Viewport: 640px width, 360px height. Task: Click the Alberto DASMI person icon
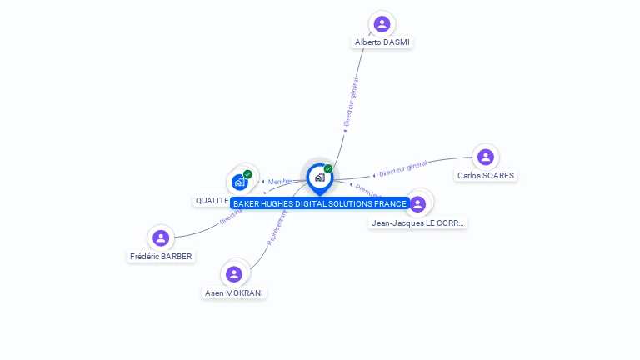tap(382, 24)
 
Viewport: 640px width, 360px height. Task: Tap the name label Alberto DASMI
tap(382, 42)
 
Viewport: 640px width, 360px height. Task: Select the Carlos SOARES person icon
tap(486, 157)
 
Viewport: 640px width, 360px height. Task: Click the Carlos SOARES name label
tap(486, 176)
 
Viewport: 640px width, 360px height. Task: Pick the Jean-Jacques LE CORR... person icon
tap(417, 204)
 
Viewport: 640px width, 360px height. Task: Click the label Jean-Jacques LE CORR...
tap(417, 222)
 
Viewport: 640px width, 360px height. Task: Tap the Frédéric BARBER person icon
tap(161, 238)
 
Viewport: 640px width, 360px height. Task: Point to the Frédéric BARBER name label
tap(161, 257)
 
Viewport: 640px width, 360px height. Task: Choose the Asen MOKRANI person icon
tap(234, 274)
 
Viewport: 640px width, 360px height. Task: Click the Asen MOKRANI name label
tap(234, 293)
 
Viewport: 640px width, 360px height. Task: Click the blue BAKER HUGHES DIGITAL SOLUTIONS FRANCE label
tap(320, 204)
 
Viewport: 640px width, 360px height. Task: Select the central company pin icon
tap(319, 177)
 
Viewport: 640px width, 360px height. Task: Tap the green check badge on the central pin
tap(328, 169)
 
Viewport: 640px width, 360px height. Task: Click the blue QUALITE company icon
tap(240, 182)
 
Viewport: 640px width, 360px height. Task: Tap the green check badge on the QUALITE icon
tap(247, 174)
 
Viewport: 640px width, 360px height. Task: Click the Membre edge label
tap(279, 182)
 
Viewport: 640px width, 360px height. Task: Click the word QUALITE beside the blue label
tap(212, 201)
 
